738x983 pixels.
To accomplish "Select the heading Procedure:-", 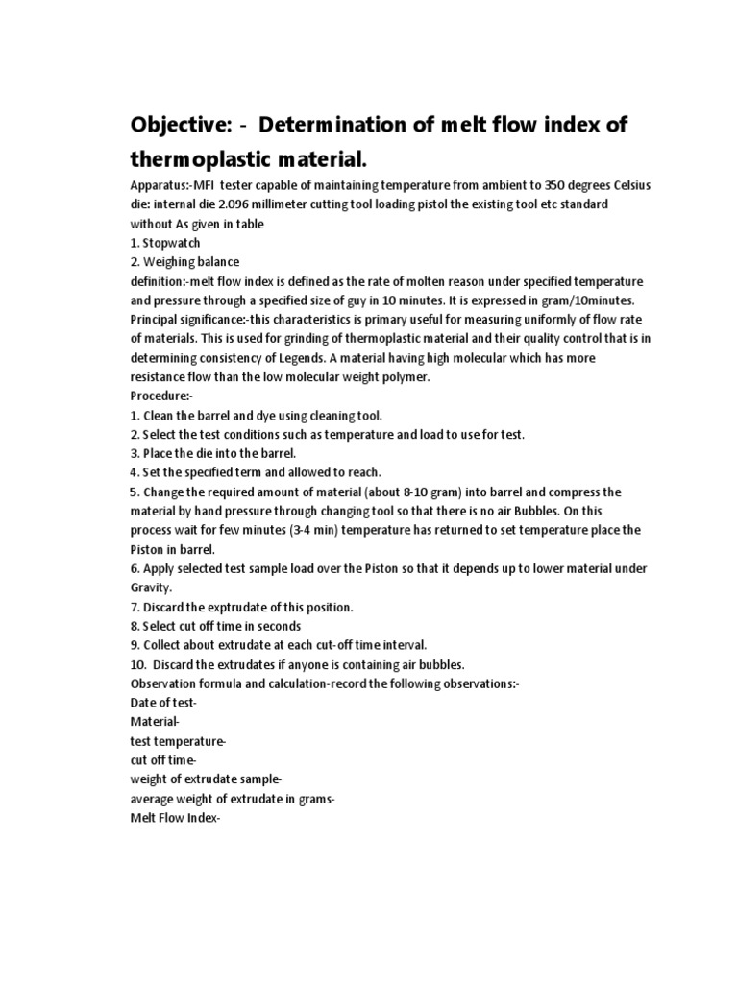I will [x=161, y=396].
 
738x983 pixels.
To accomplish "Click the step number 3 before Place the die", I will [x=134, y=453].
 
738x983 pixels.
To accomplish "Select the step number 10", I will [x=136, y=664].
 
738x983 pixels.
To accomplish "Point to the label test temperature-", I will [x=178, y=741].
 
